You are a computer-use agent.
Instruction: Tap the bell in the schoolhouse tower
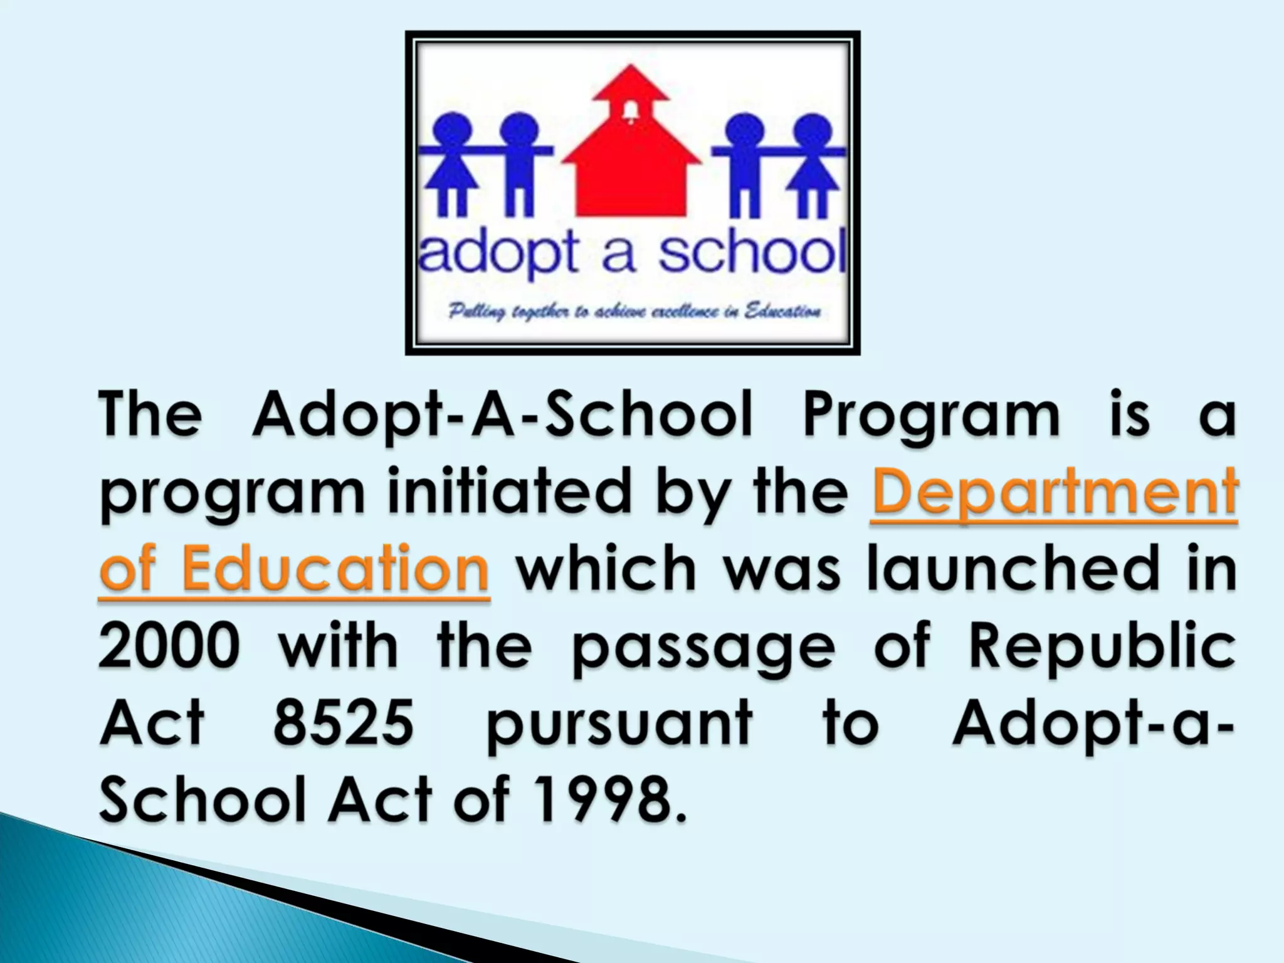631,112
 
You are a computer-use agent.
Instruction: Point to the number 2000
169,646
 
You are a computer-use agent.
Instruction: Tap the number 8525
344,723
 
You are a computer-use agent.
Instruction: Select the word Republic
1102,646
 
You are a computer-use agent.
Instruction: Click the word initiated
508,492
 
